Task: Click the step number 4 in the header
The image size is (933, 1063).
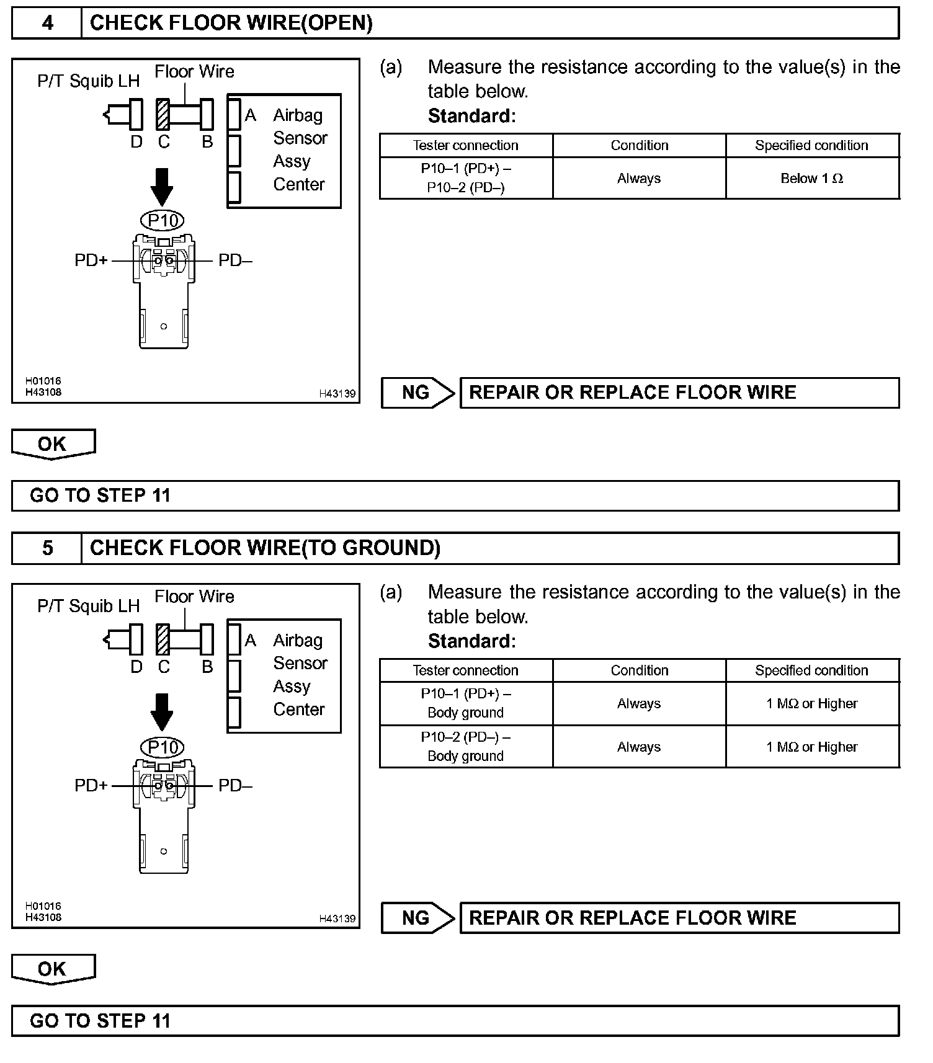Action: coord(47,24)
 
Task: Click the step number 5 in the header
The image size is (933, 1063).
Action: coord(47,548)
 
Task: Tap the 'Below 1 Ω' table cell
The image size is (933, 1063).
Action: coord(811,179)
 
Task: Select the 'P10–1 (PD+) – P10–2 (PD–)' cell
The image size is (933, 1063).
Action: coord(466,178)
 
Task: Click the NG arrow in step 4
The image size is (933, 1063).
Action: coord(418,393)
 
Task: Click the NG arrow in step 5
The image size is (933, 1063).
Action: coord(418,918)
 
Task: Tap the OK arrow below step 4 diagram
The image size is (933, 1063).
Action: coord(53,444)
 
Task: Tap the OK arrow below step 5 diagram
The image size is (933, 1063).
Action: coord(53,969)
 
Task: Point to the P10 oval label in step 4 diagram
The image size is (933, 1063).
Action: coord(163,221)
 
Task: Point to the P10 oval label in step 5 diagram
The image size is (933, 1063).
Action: coord(163,747)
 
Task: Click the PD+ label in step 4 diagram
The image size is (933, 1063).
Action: coord(91,260)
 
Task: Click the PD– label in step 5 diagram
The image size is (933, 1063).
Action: coord(235,786)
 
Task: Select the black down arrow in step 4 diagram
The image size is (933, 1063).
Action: coord(163,186)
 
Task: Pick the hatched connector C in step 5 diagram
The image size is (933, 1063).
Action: coord(163,639)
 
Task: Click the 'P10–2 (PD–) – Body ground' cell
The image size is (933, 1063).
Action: coord(466,747)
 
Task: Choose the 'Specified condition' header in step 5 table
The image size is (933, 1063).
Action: coord(811,670)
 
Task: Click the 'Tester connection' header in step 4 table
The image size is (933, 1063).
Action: coord(466,145)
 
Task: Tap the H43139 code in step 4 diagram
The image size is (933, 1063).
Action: coord(337,393)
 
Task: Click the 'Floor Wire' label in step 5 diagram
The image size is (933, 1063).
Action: coord(194,597)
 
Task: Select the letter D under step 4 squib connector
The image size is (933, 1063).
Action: coord(136,142)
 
